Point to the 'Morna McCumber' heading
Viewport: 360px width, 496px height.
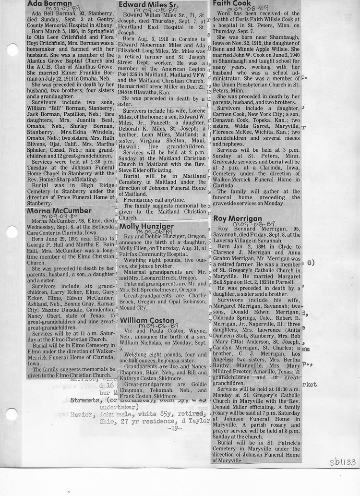[x=59, y=211]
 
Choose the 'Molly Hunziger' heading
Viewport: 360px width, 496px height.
[x=146, y=226]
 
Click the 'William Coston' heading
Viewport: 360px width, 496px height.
[x=147, y=320]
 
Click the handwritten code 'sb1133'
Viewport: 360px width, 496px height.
[x=342, y=462]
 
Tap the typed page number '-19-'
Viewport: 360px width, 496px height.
[x=176, y=429]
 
